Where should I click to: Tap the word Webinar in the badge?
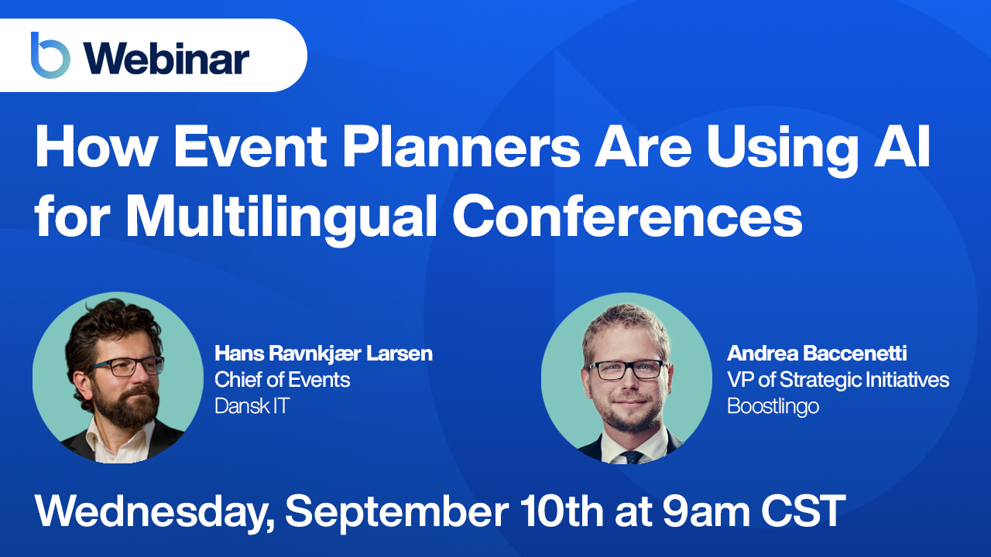coord(166,59)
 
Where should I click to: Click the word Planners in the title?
coord(461,147)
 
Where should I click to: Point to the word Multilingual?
coord(281,216)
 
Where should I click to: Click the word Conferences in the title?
coord(627,216)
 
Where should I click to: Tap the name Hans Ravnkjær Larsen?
coord(324,354)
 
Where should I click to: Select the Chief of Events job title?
coord(283,380)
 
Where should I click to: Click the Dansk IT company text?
coord(252,406)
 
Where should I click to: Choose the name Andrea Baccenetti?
coord(817,354)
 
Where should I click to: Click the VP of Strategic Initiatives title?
coord(838,380)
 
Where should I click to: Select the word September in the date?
coord(397,512)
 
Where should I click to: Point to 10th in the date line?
coord(562,511)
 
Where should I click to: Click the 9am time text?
coord(706,511)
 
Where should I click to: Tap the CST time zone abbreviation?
coord(804,511)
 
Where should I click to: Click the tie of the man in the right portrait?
coord(632,457)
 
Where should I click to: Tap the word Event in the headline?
coord(250,147)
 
